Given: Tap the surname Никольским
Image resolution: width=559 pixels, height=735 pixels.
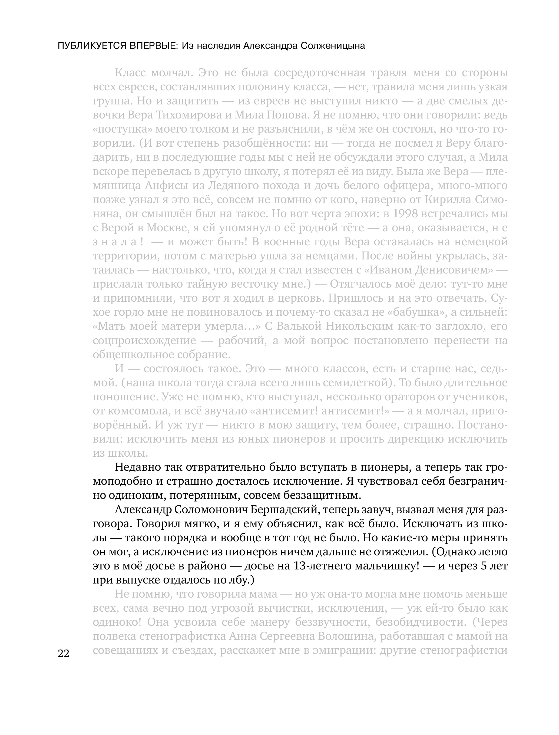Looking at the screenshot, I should (360, 326).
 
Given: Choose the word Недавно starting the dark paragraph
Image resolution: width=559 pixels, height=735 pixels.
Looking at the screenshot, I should (136, 467).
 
